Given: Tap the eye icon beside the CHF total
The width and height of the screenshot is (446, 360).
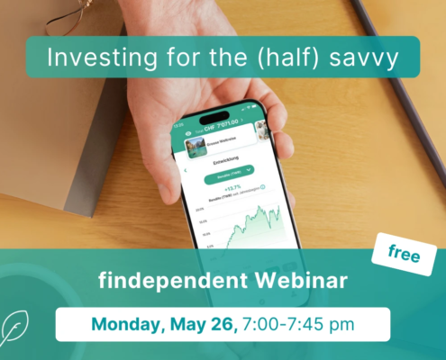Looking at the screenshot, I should [x=188, y=131].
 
